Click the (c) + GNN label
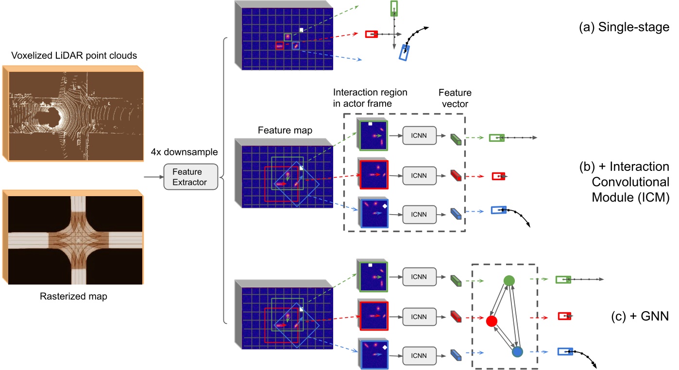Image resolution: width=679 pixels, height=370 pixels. (x=640, y=318)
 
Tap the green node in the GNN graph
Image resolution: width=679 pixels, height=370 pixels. (x=509, y=280)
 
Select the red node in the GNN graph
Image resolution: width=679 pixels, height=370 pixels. (x=491, y=321)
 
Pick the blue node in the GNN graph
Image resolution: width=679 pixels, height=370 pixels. (x=518, y=352)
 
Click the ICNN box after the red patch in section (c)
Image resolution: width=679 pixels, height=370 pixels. (x=419, y=316)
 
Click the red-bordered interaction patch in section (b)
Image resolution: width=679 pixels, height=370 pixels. (x=373, y=174)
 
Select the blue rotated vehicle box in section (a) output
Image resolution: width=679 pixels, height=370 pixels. (x=404, y=52)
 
